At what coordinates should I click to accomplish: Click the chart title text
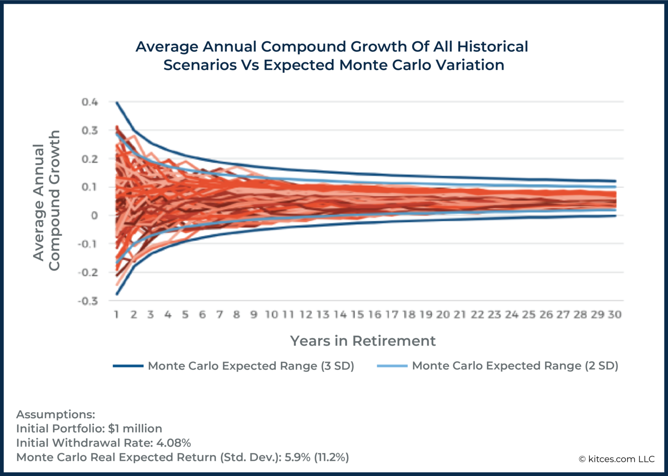tap(332, 56)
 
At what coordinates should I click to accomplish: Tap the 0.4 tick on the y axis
tap(90, 102)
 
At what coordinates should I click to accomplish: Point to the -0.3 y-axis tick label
tap(88, 301)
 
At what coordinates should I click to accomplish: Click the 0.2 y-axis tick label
tap(90, 159)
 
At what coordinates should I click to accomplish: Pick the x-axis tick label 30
tap(615, 315)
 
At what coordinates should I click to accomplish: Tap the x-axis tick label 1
tap(117, 315)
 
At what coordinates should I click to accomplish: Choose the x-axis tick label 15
tap(357, 315)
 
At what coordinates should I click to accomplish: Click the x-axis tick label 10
tap(271, 315)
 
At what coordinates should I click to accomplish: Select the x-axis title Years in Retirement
tap(363, 341)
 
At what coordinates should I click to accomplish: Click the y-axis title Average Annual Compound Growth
tap(46, 201)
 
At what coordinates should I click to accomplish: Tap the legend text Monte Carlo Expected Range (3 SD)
tap(251, 366)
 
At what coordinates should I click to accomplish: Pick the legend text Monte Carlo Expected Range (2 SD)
tap(515, 366)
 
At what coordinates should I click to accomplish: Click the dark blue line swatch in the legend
tap(128, 366)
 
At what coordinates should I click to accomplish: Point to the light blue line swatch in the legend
tap(392, 366)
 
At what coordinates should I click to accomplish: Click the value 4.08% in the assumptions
tap(174, 443)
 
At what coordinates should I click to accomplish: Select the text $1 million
tap(135, 429)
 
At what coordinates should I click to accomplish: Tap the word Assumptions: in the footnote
tap(56, 414)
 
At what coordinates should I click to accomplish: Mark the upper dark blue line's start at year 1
tap(117, 102)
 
